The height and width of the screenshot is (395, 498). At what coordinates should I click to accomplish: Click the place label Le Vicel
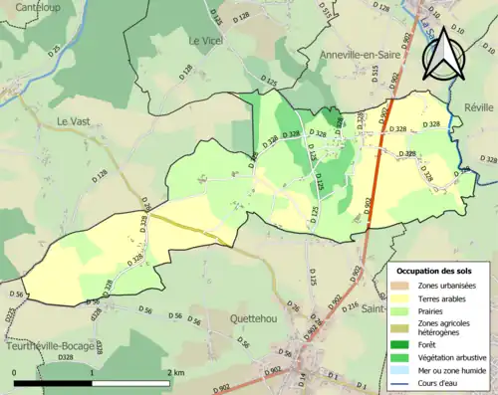click(x=206, y=41)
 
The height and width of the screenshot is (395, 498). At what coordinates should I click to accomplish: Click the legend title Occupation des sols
click(x=434, y=271)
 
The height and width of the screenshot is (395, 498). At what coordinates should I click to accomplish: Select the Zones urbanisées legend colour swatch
click(x=403, y=286)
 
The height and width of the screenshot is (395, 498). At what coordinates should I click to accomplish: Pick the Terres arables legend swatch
click(x=403, y=297)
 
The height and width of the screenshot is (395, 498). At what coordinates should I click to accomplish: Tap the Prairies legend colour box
click(x=403, y=309)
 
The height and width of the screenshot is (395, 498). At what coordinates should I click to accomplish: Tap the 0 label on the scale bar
click(x=15, y=373)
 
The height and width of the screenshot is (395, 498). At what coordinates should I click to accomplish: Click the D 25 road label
click(x=55, y=47)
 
